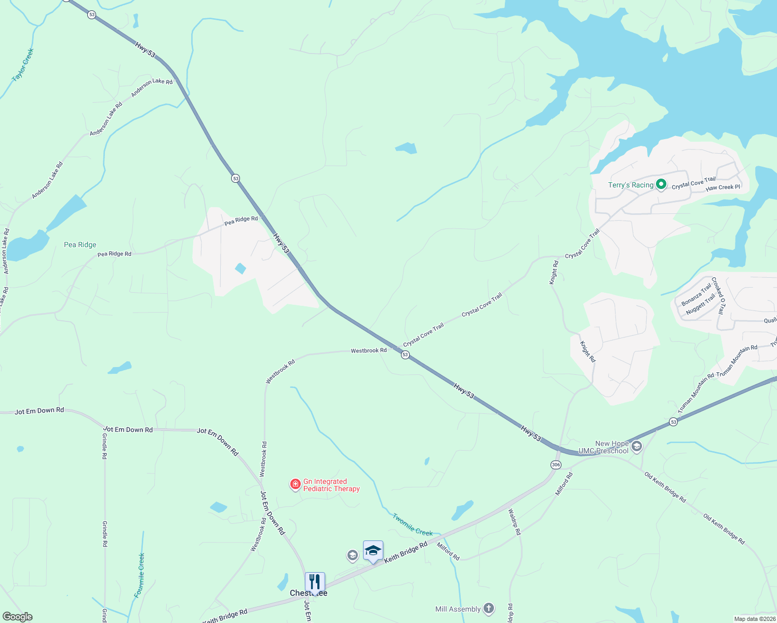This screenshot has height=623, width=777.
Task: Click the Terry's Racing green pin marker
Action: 661,184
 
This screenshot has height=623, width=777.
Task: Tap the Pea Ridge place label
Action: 80,245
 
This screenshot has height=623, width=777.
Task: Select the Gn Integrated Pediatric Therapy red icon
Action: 295,484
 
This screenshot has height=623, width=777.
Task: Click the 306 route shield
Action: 556,465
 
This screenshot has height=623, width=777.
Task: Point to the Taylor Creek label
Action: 22,64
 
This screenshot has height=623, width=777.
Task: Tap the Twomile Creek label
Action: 412,525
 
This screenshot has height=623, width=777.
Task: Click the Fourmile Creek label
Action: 140,575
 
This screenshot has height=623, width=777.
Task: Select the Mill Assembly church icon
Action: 488,608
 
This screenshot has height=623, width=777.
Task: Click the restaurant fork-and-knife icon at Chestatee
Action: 315,582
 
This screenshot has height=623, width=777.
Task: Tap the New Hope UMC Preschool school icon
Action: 637,446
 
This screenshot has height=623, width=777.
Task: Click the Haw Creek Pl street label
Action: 722,187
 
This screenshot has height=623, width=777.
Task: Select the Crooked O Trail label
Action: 717,295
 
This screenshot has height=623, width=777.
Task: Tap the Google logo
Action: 18,617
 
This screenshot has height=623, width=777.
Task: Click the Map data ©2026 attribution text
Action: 755,619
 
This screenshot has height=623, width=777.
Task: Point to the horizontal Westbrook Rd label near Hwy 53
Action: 368,350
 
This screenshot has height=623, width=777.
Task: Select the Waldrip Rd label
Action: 514,522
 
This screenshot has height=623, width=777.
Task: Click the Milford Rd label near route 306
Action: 564,483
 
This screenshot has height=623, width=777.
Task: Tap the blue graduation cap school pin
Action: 373,551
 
